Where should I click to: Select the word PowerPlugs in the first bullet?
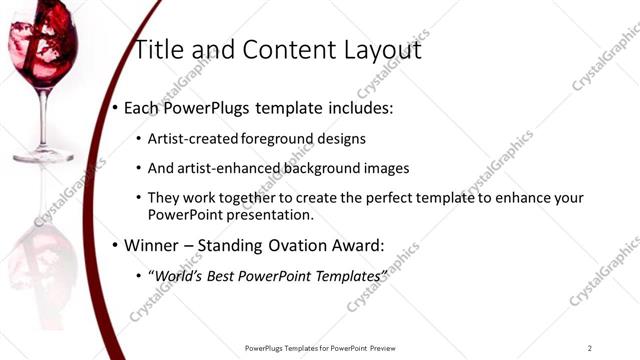coord(207,105)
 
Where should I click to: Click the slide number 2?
coord(590,347)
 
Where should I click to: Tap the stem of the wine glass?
coord(42,120)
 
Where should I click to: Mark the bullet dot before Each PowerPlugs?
coord(114,105)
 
